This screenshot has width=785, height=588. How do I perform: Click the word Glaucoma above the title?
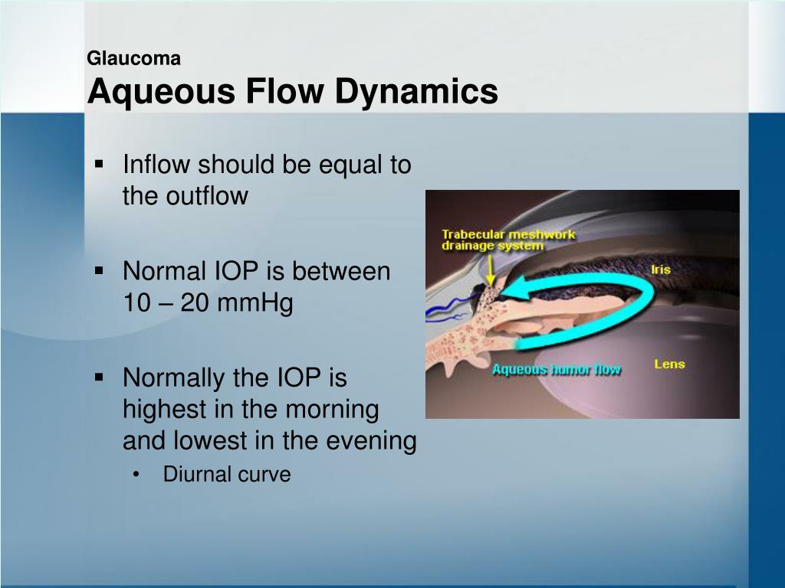133,58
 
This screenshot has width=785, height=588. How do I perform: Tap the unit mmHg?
255,304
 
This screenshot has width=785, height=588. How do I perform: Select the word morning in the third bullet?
332,410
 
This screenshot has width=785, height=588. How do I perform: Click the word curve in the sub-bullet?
264,475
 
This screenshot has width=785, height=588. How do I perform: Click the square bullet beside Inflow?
100,165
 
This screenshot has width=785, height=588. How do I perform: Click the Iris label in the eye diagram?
660,269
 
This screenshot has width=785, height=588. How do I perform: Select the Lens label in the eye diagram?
668,364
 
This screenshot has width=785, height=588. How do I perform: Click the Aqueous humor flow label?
557,370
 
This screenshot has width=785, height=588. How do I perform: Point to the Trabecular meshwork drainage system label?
507,240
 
